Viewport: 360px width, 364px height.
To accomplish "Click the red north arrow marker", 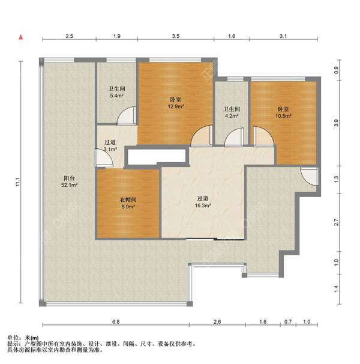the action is pyautogui.click(x=21, y=37).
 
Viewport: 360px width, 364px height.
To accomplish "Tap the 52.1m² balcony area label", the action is pyautogui.click(x=69, y=185).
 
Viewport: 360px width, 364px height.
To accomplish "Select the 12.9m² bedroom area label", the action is pyautogui.click(x=176, y=106).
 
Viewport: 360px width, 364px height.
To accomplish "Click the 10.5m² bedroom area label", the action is pyautogui.click(x=283, y=116).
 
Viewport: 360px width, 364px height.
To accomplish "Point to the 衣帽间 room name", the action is pyautogui.click(x=128, y=199).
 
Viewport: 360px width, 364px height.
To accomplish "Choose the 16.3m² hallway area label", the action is pyautogui.click(x=203, y=205).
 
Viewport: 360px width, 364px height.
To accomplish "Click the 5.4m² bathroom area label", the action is pyautogui.click(x=117, y=96).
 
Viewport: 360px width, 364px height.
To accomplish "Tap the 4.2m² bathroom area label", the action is pyautogui.click(x=232, y=116).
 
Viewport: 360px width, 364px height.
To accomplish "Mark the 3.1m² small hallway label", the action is pyautogui.click(x=110, y=150).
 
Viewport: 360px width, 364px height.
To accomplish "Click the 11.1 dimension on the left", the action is pyautogui.click(x=18, y=182).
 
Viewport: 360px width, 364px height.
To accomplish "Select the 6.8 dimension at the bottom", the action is pyautogui.click(x=116, y=322).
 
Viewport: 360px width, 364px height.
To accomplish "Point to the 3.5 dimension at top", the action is pyautogui.click(x=176, y=36).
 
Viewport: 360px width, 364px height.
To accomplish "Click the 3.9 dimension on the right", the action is pyautogui.click(x=337, y=123).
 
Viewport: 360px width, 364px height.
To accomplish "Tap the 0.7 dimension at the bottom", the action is pyautogui.click(x=288, y=322).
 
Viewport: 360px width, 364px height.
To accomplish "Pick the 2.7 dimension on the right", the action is pyautogui.click(x=337, y=222).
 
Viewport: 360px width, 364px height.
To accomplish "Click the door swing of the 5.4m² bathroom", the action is pyautogui.click(x=127, y=115).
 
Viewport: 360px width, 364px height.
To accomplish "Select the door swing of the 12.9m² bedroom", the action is pyautogui.click(x=202, y=136).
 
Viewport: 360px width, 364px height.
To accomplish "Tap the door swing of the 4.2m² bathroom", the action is pyautogui.click(x=234, y=138).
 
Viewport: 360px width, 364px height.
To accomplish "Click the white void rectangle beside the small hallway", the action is pyautogui.click(x=157, y=157).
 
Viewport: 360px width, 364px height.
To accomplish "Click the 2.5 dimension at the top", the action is pyautogui.click(x=69, y=36).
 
